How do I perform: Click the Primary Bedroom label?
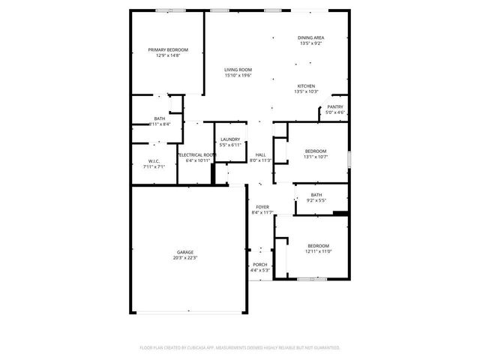168,49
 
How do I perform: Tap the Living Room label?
238,70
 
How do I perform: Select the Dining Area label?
310,37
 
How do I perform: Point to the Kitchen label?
306,86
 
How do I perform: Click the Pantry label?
335,107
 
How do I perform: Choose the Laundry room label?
230,139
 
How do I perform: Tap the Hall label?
260,154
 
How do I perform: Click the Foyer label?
262,207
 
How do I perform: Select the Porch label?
260,265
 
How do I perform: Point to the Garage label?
185,252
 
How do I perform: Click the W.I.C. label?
153,161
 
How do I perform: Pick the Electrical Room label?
199,154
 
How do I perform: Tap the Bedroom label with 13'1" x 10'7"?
315,151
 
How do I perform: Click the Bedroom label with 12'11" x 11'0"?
318,246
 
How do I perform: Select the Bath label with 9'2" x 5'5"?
316,195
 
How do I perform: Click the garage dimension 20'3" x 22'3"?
185,258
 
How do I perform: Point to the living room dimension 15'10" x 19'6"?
238,76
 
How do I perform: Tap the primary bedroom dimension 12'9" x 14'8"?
168,55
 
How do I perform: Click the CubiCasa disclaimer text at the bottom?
240,348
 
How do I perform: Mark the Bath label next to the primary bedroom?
160,118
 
